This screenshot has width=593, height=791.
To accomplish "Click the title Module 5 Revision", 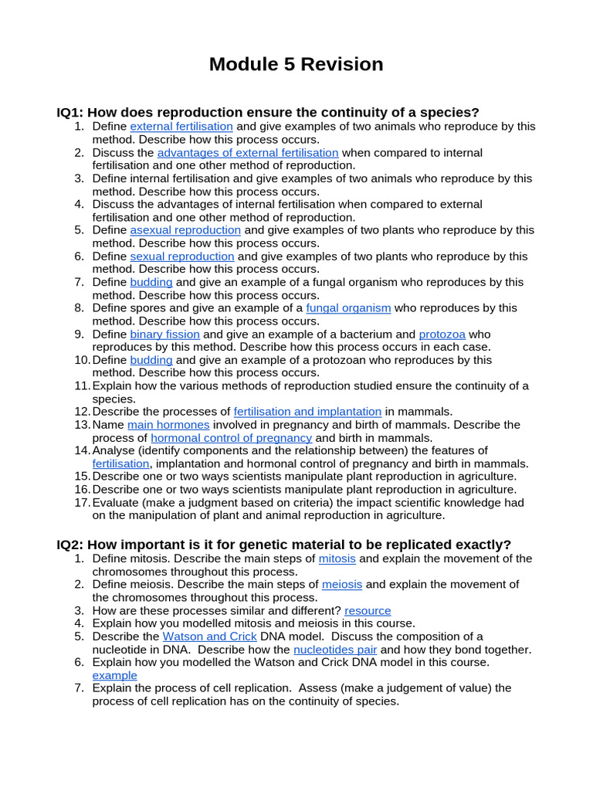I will coord(296,64).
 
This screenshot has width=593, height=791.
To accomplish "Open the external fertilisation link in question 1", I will coord(181,126).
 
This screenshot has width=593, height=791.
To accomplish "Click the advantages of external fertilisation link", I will coord(248,152).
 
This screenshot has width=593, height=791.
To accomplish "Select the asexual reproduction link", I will coord(185,230).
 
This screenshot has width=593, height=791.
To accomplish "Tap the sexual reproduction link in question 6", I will coord(182,256).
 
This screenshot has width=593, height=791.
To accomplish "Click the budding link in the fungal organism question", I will coord(151,282).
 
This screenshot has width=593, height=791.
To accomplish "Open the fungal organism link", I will coord(348,308).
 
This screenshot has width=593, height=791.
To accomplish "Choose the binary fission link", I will coord(164,334).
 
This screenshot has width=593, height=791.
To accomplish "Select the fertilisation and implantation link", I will coord(307,412).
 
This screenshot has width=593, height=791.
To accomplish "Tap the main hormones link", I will coord(168,425).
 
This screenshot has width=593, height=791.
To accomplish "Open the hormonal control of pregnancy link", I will coord(232,438).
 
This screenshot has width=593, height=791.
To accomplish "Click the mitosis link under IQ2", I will coord(337,558).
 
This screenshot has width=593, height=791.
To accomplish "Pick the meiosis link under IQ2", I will coord(342,584).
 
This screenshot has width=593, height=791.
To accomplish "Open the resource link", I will coord(368,610).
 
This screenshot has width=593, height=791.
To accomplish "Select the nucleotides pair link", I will coord(335,650).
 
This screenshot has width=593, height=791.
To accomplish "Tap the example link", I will coord(114,675).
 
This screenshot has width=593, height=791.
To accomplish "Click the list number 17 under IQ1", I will coord(82,503).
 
